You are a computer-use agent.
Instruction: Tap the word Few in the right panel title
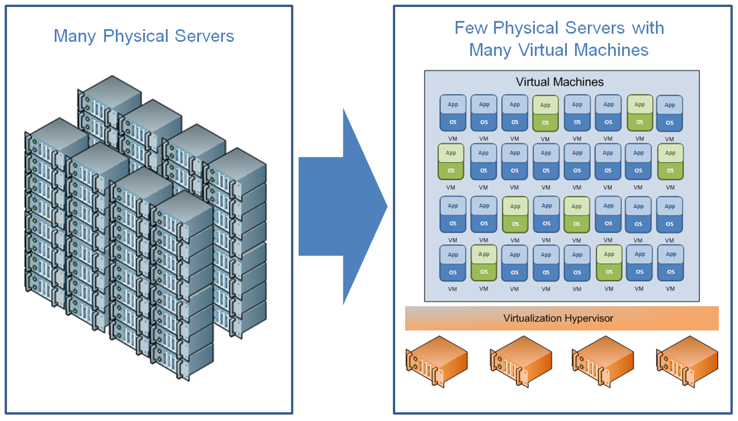pos(471,28)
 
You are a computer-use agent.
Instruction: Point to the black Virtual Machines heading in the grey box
pos(560,82)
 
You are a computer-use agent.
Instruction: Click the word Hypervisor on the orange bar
pos(588,319)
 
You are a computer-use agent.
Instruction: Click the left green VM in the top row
pos(545,113)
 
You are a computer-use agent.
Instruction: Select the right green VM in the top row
pos(640,113)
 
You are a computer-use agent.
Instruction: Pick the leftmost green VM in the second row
pos(450,161)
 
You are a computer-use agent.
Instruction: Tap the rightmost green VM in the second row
pos(670,161)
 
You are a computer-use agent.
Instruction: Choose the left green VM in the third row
pos(515,214)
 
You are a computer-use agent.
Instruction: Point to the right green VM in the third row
pos(577,214)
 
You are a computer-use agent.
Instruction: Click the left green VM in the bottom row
pos(484,263)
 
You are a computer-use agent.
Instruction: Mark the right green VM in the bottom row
pos(609,263)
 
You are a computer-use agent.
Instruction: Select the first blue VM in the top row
pos(453,113)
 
